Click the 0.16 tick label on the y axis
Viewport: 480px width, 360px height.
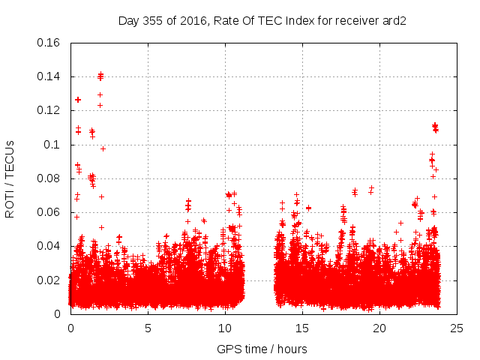50,43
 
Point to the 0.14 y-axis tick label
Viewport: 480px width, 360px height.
50,76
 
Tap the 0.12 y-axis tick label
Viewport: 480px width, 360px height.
50,110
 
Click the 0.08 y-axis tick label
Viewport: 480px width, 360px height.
50,178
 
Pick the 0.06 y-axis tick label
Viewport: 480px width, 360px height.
50,212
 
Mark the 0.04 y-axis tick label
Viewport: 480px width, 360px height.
50,246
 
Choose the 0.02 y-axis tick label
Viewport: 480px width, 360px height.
50,280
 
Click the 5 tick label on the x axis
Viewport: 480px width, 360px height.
148,328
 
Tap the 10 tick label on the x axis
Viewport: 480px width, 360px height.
225,328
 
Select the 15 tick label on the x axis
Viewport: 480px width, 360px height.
302,328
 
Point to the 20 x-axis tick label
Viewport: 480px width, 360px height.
379,328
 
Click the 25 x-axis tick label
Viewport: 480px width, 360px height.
457,328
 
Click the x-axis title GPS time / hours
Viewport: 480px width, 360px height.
262,349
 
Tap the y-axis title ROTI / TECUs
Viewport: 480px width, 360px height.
10,178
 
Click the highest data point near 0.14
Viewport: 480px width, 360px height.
100,74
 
